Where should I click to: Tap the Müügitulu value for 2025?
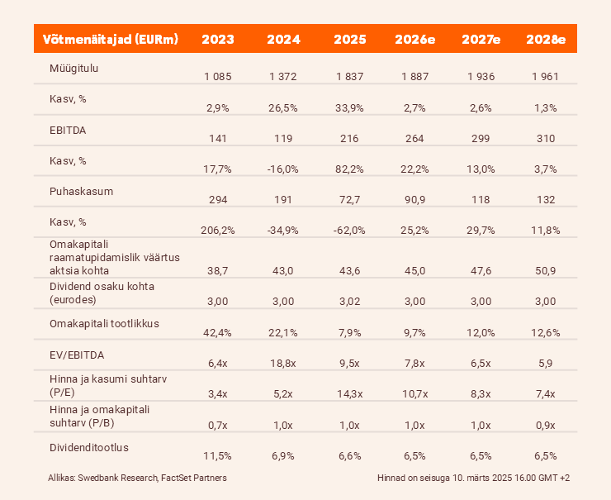pos(349,77)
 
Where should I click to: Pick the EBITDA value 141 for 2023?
pos(218,139)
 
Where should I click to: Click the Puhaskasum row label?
pos(81,191)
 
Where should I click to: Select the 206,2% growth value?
pos(218,230)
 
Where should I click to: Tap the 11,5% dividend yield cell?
pos(218,455)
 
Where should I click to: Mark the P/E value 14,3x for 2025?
pos(349,393)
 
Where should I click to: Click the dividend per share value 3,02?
pos(349,302)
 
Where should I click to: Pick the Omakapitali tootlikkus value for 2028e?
pos(546,332)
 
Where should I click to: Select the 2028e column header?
pos(546,39)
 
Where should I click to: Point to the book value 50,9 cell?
pos(546,271)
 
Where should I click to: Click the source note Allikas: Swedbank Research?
pos(137,478)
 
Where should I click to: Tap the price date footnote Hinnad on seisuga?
pos(472,478)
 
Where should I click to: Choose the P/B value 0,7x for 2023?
pos(218,424)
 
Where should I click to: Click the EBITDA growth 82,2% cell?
pos(349,169)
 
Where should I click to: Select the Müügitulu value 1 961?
pos(546,77)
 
